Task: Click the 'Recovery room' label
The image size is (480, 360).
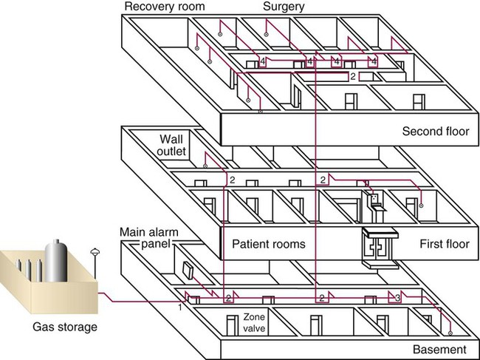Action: click(165, 7)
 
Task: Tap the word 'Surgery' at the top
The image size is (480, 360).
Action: click(284, 7)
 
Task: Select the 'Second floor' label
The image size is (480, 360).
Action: click(435, 132)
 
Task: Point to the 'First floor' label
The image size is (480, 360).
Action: click(445, 244)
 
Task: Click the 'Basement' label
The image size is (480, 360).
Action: click(439, 350)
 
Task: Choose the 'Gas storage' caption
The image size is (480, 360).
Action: click(65, 327)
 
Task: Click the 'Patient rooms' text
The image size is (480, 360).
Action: click(269, 244)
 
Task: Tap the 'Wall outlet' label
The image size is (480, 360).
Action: click(171, 145)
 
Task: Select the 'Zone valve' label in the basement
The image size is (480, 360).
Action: click(254, 323)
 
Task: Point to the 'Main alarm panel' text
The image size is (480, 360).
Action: click(149, 238)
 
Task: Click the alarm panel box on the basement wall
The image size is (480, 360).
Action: click(188, 271)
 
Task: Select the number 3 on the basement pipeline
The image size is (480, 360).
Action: click(397, 298)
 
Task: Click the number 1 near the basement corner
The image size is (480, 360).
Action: click(180, 308)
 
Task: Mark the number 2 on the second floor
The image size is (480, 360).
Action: click(353, 76)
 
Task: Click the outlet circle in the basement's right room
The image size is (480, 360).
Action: click(450, 333)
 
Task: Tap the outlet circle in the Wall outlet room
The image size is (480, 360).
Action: click(205, 166)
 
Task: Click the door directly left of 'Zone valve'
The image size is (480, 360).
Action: click(233, 325)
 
